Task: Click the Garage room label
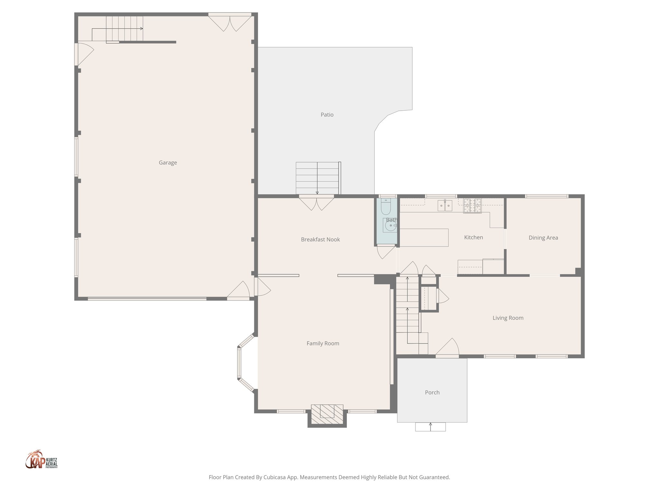[168, 163]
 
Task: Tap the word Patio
[327, 115]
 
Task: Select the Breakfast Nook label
[320, 240]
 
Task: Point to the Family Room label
[323, 343]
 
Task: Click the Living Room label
[508, 318]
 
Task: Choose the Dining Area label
[543, 238]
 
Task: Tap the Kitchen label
[473, 238]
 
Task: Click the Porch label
[432, 393]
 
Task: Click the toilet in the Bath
[386, 207]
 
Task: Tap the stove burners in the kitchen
[472, 206]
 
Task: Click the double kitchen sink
[445, 206]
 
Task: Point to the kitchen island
[424, 238]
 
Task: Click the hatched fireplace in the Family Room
[327, 414]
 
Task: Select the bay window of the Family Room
[239, 363]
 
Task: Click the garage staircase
[125, 29]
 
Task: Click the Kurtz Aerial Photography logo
[41, 460]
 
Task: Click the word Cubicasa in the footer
[275, 477]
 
